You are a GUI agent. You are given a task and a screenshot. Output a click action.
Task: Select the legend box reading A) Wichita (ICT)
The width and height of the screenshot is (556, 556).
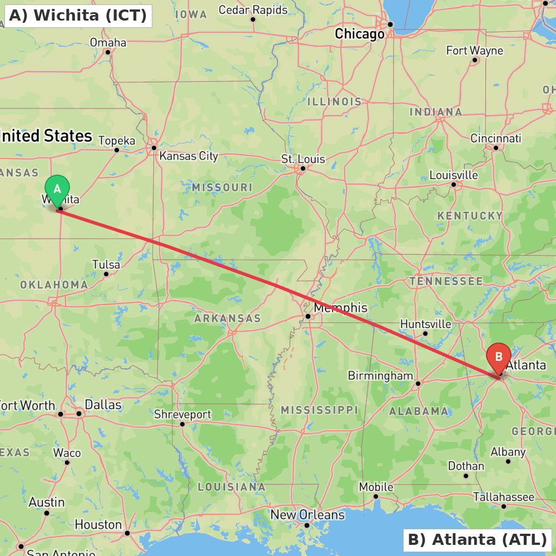[x=78, y=15]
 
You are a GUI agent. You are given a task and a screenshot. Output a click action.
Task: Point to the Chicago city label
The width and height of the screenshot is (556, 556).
[x=359, y=34]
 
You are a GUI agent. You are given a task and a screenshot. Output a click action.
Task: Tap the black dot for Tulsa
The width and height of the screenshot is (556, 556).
[x=106, y=274]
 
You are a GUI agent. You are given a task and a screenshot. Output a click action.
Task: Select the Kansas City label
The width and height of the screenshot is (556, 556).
[x=188, y=156]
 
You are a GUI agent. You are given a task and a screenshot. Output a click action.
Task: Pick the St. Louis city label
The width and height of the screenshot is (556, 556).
[x=303, y=159]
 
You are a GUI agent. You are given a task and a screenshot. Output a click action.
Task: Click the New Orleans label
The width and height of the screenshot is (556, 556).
[x=307, y=515]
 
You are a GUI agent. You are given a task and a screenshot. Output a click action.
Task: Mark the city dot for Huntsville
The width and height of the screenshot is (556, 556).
[x=425, y=334]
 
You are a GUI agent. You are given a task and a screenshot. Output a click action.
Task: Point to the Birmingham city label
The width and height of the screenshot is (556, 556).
[x=380, y=376]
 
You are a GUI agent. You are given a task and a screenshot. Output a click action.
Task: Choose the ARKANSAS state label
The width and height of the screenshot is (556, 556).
[x=227, y=319]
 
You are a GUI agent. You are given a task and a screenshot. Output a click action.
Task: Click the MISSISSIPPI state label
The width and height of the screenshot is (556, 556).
[x=319, y=410]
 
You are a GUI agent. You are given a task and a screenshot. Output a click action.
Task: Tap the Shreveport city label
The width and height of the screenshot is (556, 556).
[x=182, y=415]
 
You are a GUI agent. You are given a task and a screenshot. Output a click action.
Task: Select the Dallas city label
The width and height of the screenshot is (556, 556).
[x=103, y=405]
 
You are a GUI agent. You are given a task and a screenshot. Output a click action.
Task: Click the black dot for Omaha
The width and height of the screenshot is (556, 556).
[x=108, y=52]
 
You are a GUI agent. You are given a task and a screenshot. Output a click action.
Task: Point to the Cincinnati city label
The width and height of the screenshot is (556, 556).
[x=495, y=138]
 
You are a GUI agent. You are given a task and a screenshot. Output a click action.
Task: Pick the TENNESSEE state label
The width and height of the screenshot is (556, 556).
[x=446, y=281]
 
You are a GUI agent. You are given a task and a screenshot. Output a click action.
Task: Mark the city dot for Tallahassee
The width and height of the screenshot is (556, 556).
[x=504, y=506]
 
